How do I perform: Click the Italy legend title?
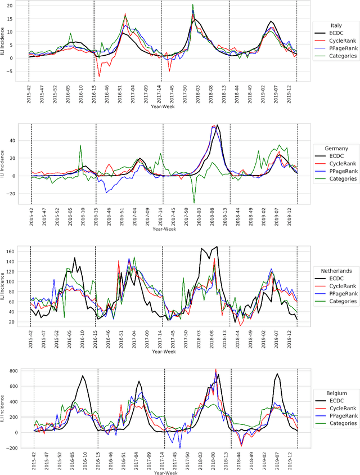click(336, 25)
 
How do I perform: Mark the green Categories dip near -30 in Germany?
click(194, 203)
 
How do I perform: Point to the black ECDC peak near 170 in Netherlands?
click(217, 247)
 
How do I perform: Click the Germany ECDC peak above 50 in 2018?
click(218, 126)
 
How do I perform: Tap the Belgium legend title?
click(336, 393)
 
